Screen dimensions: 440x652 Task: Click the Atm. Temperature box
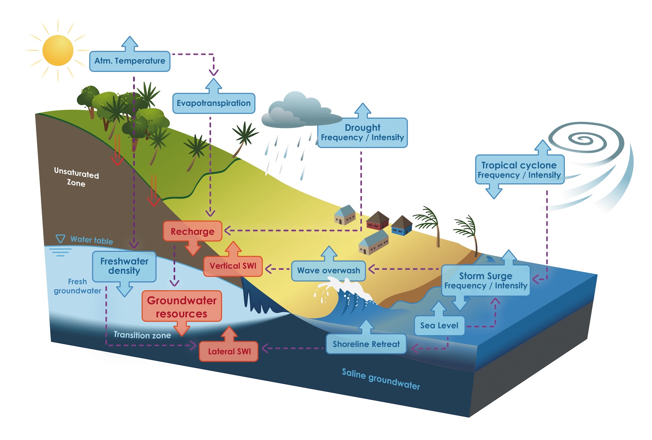(129, 61)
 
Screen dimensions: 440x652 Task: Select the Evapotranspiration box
(214, 103)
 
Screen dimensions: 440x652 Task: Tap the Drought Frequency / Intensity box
(362, 133)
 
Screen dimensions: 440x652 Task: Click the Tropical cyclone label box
(519, 170)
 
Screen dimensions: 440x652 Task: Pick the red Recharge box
(193, 231)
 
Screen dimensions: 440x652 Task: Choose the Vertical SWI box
(233, 266)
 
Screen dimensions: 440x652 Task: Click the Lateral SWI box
(229, 351)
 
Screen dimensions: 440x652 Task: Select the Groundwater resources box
(182, 307)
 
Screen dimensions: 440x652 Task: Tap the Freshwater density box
(124, 266)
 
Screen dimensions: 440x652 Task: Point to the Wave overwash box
(328, 271)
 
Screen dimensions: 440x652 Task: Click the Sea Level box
(439, 326)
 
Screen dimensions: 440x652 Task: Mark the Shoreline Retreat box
(366, 344)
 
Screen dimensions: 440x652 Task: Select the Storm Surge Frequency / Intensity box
(485, 281)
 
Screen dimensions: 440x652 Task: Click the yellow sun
(58, 50)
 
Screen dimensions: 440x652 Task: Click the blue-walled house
(402, 226)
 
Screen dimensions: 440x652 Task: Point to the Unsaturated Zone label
(76, 177)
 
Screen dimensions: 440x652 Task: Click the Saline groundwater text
(380, 379)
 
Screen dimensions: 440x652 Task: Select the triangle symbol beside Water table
(60, 239)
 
